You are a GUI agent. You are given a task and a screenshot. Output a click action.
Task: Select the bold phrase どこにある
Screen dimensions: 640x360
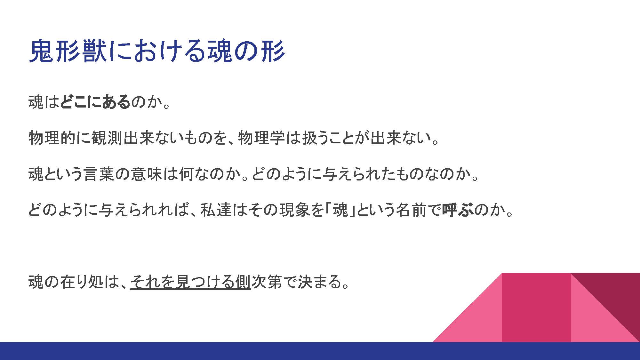click(x=95, y=102)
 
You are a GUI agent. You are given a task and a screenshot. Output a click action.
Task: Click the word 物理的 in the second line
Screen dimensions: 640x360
click(x=52, y=138)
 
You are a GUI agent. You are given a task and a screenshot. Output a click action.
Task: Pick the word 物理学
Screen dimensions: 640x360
click(x=261, y=138)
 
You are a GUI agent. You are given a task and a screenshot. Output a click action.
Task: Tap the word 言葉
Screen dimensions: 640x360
click(x=99, y=174)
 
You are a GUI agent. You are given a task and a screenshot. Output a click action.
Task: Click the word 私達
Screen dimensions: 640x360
click(x=216, y=210)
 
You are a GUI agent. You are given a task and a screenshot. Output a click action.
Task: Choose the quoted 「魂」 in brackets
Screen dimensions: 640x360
click(x=340, y=210)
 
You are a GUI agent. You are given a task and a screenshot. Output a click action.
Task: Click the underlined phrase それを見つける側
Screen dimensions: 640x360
click(x=191, y=282)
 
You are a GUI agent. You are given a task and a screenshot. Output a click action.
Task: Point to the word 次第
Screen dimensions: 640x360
click(x=267, y=282)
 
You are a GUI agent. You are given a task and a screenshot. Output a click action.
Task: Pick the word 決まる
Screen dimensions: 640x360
click(x=320, y=282)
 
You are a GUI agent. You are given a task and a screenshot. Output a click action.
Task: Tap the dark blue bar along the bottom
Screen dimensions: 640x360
click(x=320, y=351)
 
